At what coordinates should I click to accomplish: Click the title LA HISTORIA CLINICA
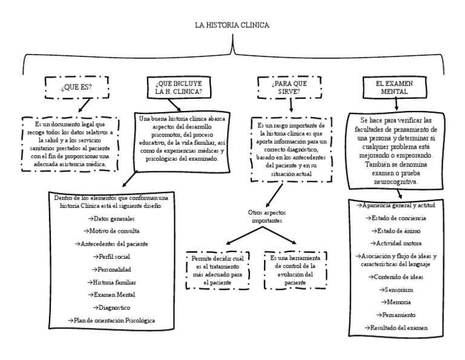click(232, 25)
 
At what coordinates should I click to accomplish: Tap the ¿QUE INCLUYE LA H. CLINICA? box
click(179, 87)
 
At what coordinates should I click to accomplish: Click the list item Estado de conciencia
click(398, 218)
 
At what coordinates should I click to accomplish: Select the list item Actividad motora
click(398, 243)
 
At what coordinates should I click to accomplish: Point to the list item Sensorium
click(398, 290)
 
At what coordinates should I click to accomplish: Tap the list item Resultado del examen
click(398, 327)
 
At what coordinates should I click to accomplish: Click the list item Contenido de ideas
click(398, 277)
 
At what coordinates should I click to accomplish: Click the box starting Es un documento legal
click(68, 143)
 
